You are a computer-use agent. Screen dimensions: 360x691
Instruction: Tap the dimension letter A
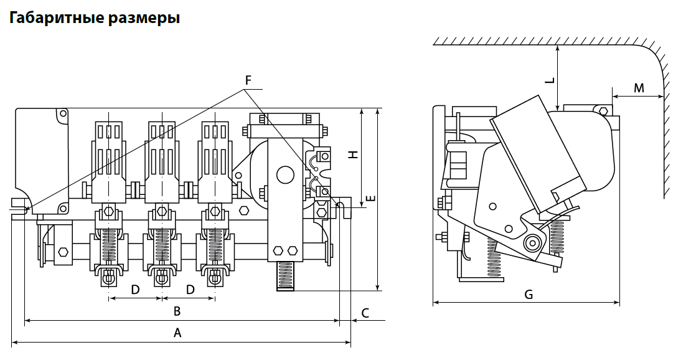tap(177, 333)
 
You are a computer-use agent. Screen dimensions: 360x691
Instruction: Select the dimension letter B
tap(177, 311)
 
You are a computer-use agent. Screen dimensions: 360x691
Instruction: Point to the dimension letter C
tap(365, 313)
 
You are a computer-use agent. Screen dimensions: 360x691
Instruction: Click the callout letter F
tap(248, 80)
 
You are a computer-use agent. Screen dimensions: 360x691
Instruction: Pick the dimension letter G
tap(529, 295)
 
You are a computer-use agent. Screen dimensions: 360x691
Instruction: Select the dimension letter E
tap(370, 199)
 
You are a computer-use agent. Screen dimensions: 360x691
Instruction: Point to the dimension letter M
tap(639, 88)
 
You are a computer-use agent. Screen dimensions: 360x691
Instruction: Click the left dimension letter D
tap(135, 290)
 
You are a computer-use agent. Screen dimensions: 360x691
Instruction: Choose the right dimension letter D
tap(190, 290)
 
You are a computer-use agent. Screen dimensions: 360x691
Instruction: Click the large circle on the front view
tap(286, 174)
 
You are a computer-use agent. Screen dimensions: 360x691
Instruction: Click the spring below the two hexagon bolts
tap(286, 275)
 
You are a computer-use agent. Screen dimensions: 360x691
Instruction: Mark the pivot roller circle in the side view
tap(532, 242)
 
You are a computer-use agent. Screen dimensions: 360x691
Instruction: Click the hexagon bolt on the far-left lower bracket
tap(63, 252)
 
